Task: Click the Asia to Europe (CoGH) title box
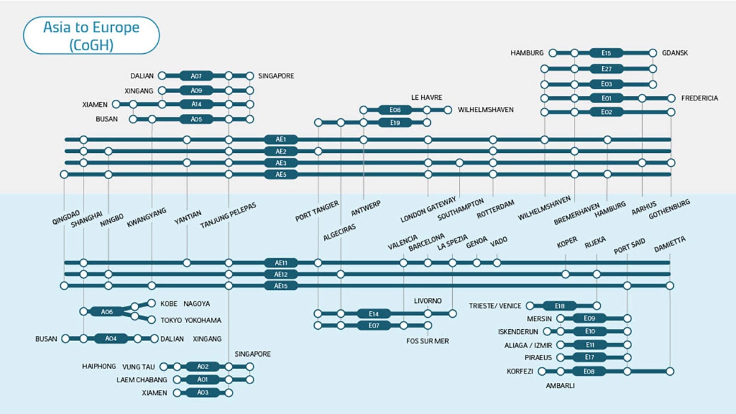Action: point(91,36)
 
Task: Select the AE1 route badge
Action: point(281,140)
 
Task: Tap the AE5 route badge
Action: point(281,174)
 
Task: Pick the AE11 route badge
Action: point(281,263)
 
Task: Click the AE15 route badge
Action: point(281,286)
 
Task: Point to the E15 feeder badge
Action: point(607,53)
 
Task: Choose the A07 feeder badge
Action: point(197,76)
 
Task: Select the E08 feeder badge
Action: point(589,372)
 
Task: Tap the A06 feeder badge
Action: point(106,312)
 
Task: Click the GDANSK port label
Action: point(675,53)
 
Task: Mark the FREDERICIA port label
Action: point(700,99)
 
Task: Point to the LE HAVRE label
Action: point(425,96)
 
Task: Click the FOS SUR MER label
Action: point(427,341)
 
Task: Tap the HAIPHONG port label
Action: point(99,366)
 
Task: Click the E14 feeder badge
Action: point(374,314)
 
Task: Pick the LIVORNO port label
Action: point(428,300)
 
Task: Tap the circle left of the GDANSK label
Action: point(653,53)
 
